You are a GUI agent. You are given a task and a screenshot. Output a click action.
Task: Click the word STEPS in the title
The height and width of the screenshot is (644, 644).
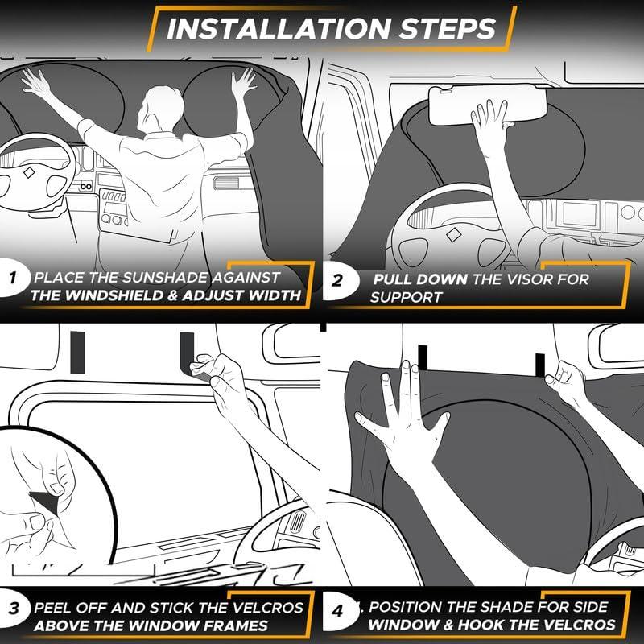point(448,29)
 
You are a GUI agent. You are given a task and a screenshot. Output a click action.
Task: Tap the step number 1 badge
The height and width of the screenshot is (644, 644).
point(12,278)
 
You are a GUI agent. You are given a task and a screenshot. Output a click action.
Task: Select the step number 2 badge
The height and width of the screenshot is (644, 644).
point(337,280)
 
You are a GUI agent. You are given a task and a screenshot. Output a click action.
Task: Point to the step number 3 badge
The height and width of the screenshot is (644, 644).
point(14,608)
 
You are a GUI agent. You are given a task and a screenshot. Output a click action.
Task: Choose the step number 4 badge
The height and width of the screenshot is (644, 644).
point(337,611)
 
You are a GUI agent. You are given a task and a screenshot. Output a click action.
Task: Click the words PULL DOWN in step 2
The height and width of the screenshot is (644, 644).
point(420,279)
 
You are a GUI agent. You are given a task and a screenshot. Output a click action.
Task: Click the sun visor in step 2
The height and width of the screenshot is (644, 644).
point(488,106)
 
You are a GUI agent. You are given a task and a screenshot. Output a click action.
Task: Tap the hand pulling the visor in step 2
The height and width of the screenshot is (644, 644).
point(492,123)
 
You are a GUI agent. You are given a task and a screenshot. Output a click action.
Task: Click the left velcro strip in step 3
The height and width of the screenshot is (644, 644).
point(77,353)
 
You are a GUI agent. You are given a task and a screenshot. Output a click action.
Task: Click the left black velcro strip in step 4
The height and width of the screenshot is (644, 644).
point(423,358)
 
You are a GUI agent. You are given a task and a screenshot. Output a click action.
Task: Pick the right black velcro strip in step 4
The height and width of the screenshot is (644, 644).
point(540,365)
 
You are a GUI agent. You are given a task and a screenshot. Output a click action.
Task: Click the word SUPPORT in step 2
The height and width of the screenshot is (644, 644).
point(406,297)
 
